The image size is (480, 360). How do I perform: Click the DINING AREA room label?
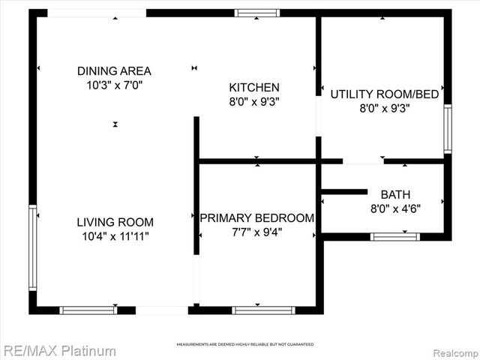pos(114,71)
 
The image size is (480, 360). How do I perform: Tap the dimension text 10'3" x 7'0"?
pos(114,85)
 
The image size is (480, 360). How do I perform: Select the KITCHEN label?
pos(254,87)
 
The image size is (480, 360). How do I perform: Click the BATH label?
pos(395,194)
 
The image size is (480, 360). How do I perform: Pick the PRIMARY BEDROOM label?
pos(256,217)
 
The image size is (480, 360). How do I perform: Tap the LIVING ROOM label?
pos(115,222)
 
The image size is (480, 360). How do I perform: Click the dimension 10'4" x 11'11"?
pos(115,236)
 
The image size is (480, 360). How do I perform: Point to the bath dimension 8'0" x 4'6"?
pos(395,208)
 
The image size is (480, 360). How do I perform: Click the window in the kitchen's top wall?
pos(256,13)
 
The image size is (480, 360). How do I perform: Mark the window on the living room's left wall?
pos(32,247)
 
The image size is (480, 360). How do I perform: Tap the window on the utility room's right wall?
pos(448,129)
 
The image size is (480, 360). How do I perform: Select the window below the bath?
pos(394,236)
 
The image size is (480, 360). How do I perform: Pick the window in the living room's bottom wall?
pos(88,310)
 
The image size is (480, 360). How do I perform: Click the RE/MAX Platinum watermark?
pos(59,350)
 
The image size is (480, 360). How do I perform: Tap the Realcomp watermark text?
pos(453,351)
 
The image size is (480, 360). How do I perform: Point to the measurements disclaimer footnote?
pos(244,344)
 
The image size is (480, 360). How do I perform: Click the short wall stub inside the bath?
pos(345,192)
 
